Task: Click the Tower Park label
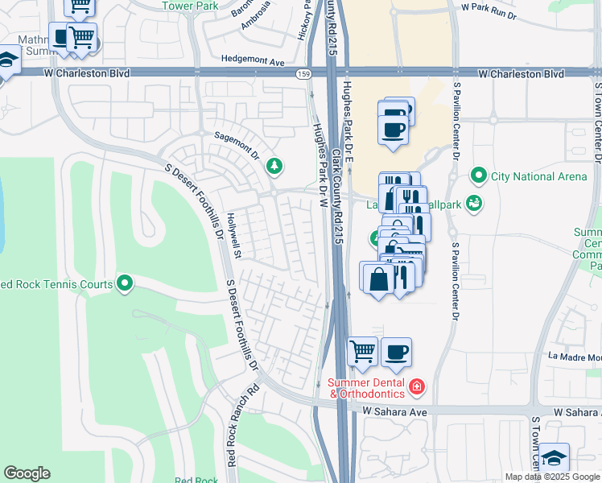pos(190,6)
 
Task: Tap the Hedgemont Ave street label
pos(254,61)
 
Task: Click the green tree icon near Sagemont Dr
pos(275,166)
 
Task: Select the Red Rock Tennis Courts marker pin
pos(125,283)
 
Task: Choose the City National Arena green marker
pos(479,175)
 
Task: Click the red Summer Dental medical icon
pos(416,387)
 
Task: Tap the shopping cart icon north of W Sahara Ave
pos(363,351)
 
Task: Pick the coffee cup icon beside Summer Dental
pos(396,351)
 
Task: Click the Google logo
pos(27,473)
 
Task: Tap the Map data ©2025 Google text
pos(552,477)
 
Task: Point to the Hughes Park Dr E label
pos(349,121)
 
